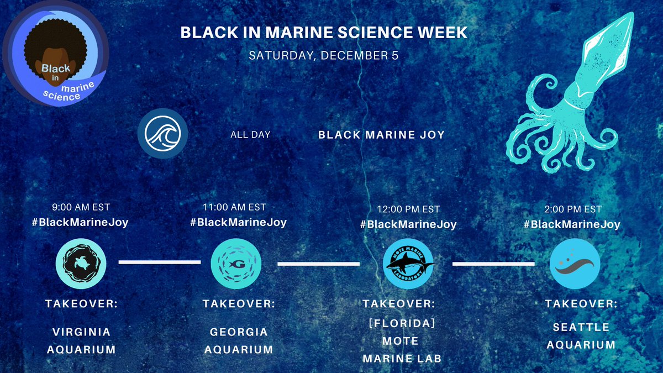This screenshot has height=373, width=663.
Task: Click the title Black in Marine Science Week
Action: [x=324, y=33]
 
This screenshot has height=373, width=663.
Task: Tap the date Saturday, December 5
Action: [x=324, y=56]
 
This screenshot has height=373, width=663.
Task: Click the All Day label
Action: [x=250, y=134]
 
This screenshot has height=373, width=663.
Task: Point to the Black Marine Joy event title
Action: [x=381, y=135]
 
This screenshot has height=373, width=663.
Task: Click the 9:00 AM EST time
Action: [x=81, y=208]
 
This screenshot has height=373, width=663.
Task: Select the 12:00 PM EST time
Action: [x=408, y=210]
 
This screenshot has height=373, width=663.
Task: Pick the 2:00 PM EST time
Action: [x=571, y=209]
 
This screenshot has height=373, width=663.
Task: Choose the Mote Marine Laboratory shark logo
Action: [x=408, y=264]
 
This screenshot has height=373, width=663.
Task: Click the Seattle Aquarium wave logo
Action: [x=575, y=264]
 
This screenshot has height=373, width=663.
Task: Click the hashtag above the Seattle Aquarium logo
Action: [x=571, y=224]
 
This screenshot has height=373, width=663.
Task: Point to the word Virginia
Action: [x=81, y=333]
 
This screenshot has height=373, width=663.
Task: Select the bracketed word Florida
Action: [x=401, y=322]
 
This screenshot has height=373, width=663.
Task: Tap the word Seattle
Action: [x=581, y=328]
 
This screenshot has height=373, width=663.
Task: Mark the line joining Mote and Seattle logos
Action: [x=493, y=264]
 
